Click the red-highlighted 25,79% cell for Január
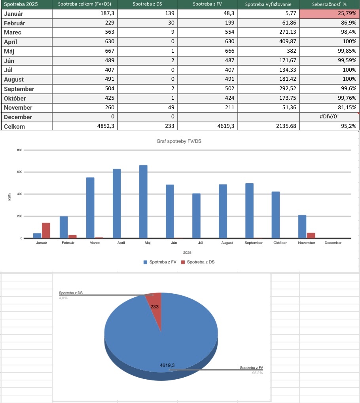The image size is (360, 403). (329, 14)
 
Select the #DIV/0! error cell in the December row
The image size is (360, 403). (329, 117)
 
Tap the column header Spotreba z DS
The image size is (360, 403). (148, 4)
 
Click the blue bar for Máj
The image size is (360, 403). (143, 201)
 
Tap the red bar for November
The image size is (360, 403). (311, 235)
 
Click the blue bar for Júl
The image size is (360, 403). (196, 216)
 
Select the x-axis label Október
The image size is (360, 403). (280, 243)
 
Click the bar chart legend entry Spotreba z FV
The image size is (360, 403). (162, 262)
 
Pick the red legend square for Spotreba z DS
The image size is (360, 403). (183, 262)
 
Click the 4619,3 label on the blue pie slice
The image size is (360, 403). (167, 365)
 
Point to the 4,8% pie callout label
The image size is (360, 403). (63, 298)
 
